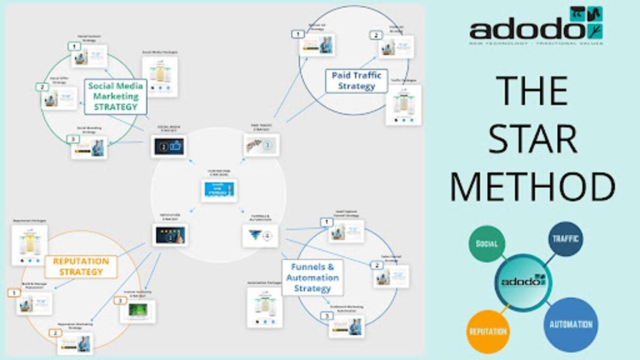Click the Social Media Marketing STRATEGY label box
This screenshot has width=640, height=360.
tap(115, 96)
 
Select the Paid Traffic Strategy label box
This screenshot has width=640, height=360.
tap(356, 81)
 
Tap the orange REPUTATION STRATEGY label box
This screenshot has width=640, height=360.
tap(81, 267)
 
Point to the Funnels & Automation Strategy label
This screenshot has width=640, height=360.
tap(312, 277)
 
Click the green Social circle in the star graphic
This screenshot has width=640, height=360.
tap(486, 244)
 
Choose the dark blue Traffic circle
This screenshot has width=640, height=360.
tap(565, 239)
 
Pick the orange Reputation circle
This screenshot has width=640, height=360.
tap(488, 331)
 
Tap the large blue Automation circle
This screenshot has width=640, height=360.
tap(571, 324)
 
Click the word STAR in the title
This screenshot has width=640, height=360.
tap(533, 138)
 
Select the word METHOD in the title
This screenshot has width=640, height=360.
tap(533, 187)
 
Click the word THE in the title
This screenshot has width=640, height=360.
tap(533, 91)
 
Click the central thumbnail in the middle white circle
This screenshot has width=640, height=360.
tap(219, 190)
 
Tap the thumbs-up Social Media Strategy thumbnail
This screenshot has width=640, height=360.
tap(169, 146)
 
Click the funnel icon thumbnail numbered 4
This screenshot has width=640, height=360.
tap(260, 235)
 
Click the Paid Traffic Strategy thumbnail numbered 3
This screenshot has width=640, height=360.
tap(261, 145)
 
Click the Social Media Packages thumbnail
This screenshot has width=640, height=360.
tap(160, 76)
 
